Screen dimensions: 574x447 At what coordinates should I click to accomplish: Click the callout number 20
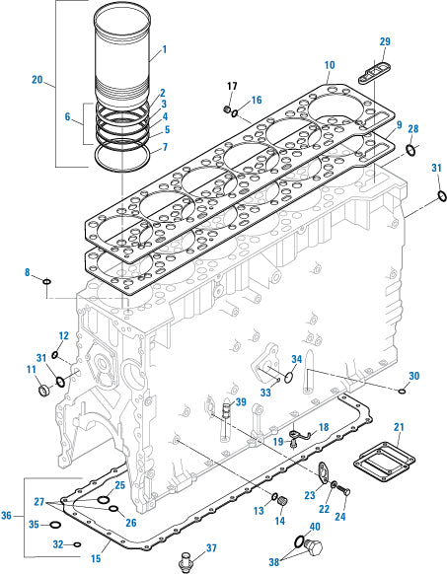click(x=37, y=79)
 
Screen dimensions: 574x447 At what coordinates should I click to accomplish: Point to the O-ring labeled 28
click(x=410, y=150)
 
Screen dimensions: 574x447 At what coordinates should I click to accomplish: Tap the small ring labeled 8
click(x=45, y=285)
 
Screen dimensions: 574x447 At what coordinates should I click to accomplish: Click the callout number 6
click(x=68, y=116)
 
